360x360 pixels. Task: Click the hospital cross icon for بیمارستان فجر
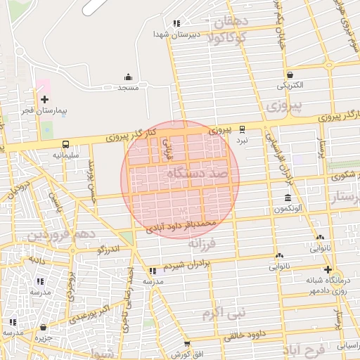45,99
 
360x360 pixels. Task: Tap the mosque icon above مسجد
128,77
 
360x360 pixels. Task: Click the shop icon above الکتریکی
290,75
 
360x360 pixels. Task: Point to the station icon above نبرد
243,129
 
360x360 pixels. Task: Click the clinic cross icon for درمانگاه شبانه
328,269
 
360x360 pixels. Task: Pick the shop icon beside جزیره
44,328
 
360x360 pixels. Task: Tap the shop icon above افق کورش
186,344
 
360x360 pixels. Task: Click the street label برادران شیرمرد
187,266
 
